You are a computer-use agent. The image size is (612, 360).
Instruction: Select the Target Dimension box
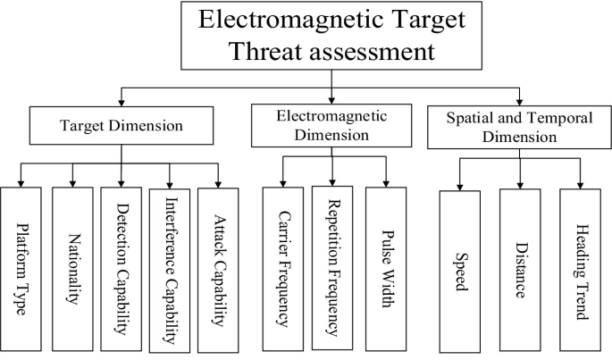[x=122, y=125]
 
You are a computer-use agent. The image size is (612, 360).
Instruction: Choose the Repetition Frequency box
[x=332, y=268]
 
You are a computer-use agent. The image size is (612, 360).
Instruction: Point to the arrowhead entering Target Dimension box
[x=122, y=103]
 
